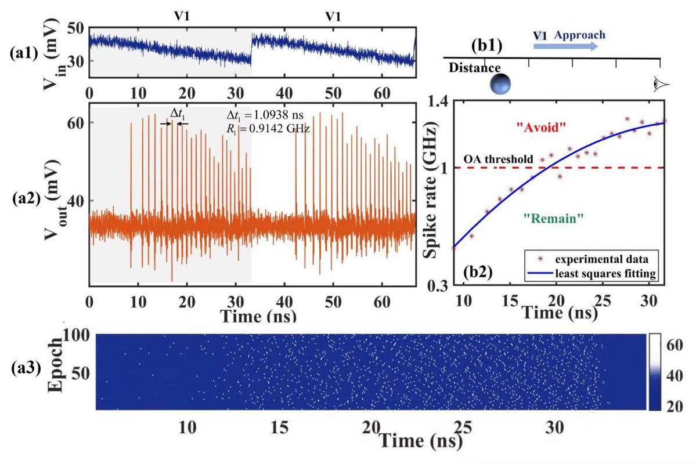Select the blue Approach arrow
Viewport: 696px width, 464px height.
565,46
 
